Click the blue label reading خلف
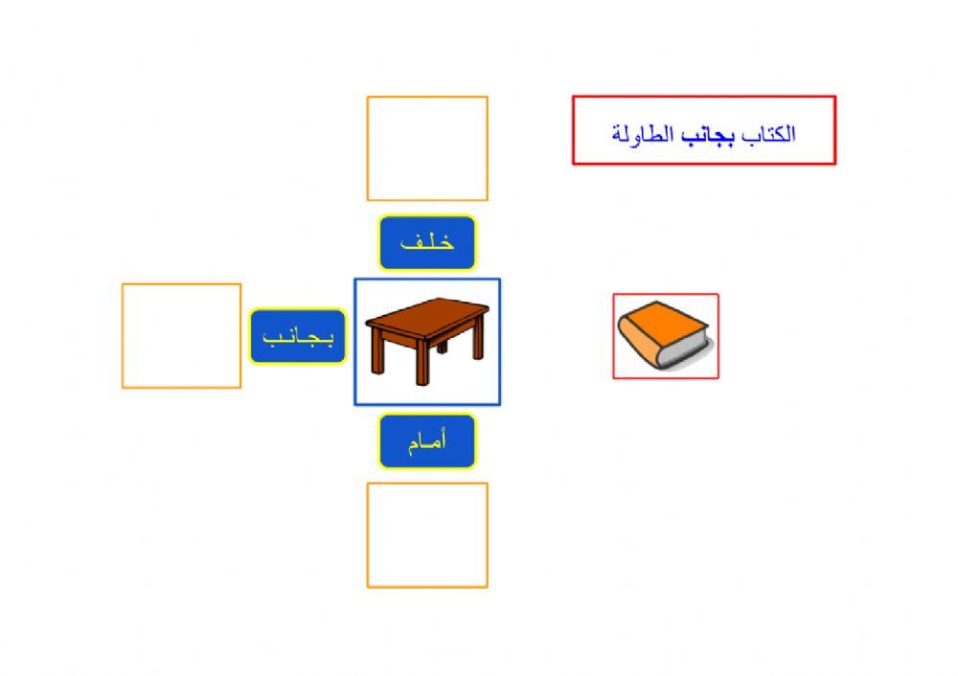[427, 243]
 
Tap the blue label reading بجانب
[298, 336]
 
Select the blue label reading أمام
[427, 441]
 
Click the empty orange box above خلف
[427, 148]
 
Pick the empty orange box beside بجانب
[181, 336]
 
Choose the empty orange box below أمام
[427, 534]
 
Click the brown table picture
[427, 341]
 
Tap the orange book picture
[665, 335]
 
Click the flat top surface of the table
[427, 313]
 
